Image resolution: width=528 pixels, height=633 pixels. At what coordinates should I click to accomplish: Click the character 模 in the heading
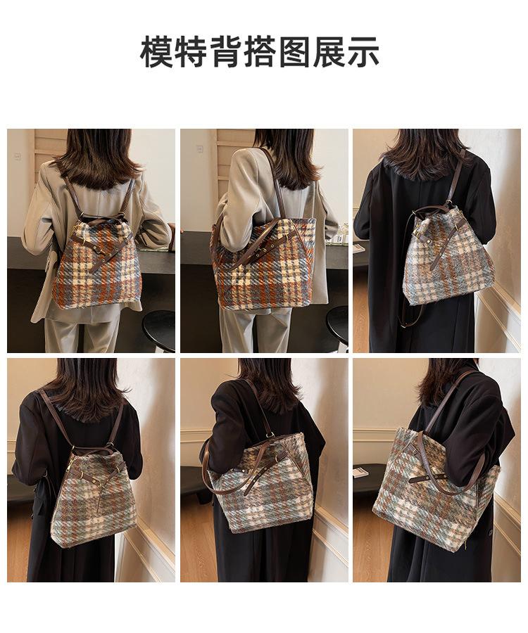tap(156, 52)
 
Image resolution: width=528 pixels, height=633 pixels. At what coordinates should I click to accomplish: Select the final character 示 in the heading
tap(363, 52)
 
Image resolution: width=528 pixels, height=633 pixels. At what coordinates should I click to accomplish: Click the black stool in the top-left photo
tap(159, 329)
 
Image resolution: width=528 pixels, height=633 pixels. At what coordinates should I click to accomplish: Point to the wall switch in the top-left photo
tap(18, 156)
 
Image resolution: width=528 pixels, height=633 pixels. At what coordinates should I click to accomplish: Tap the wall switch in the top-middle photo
tap(199, 148)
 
